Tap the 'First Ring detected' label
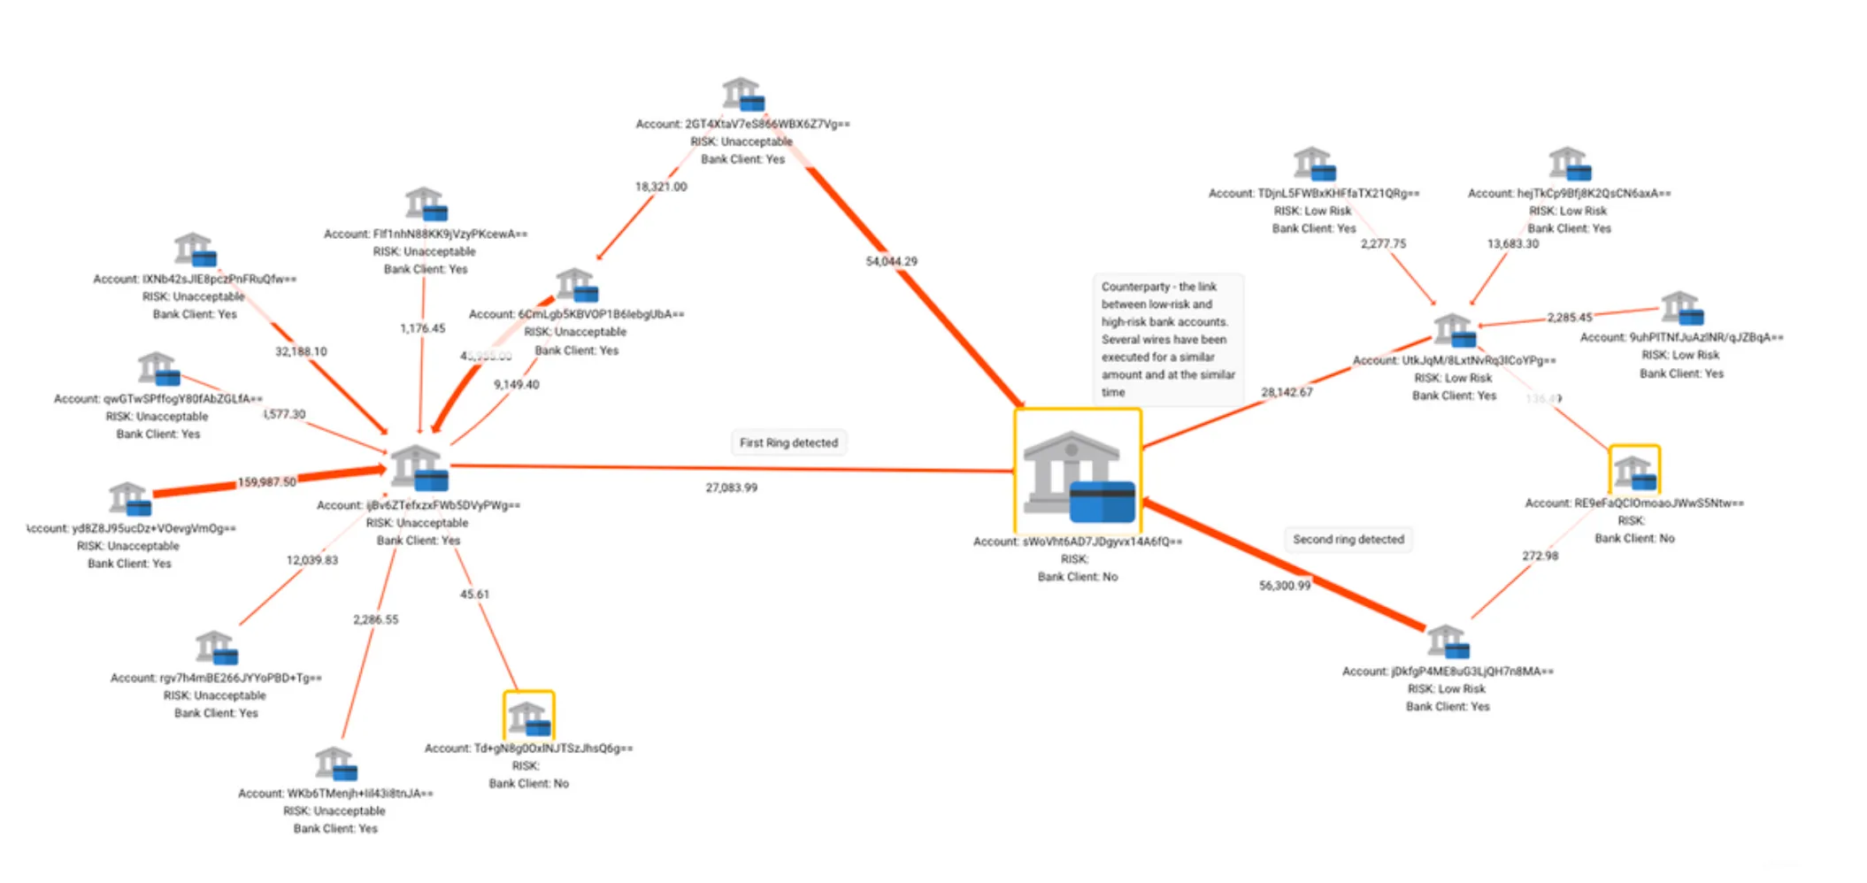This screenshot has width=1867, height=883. point(788,442)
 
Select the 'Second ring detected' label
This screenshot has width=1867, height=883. point(1348,539)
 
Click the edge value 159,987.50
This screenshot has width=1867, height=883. point(266,482)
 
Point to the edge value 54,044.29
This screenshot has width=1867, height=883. point(891,261)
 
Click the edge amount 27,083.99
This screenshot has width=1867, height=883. point(731,488)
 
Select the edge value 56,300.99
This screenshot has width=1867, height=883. point(1284,586)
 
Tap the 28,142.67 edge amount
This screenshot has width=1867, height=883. point(1287,392)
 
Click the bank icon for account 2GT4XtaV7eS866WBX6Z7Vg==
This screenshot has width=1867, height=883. point(741,94)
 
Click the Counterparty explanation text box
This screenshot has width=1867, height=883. point(1167,339)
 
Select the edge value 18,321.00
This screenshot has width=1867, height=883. point(660,187)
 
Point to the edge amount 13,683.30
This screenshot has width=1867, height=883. point(1512,243)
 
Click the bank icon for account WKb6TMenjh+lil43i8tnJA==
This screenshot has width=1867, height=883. point(335,764)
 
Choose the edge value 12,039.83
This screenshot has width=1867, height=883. point(311,560)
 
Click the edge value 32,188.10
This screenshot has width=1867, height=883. point(301,351)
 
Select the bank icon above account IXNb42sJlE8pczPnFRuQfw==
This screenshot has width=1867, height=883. point(195,250)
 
